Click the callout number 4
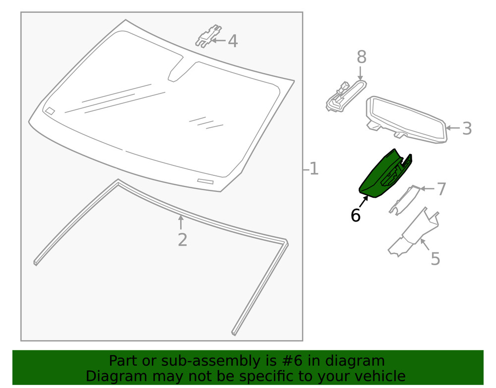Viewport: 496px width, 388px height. tap(233, 41)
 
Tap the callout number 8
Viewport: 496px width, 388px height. tap(362, 58)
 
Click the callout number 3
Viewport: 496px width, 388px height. tap(467, 129)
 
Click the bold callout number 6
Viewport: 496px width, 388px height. tap(355, 216)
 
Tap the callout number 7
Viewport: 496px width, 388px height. tap(441, 189)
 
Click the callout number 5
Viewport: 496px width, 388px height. tap(435, 259)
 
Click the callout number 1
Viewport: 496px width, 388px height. tap(313, 169)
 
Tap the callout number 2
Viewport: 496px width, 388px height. tap(183, 240)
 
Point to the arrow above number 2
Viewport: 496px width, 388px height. tap(181, 223)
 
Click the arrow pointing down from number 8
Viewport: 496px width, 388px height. tap(361, 74)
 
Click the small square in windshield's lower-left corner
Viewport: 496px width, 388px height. tap(50, 111)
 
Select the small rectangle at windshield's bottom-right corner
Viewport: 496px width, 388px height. tap(205, 181)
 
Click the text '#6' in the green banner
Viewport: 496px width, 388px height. tap(282, 361)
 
